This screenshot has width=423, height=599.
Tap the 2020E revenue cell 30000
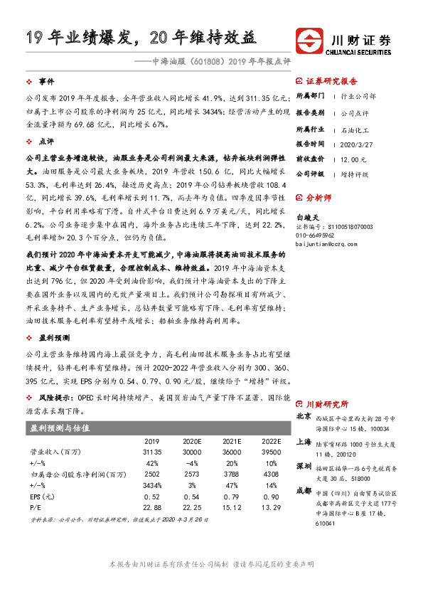pos(193,452)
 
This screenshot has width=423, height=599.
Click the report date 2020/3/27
pos(353,142)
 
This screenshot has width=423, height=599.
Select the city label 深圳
pos(304,465)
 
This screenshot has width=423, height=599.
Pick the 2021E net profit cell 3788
pos(233,473)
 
